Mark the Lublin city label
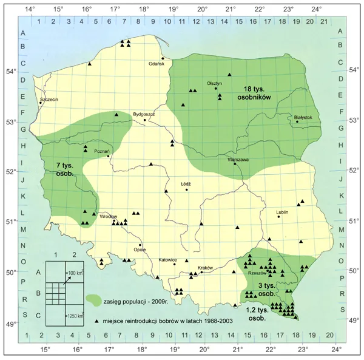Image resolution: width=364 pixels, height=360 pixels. (281, 212)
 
